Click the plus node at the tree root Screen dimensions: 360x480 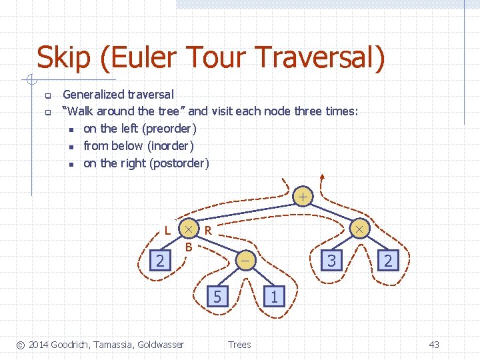coord(303,197)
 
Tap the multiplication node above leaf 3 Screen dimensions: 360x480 coord(359,229)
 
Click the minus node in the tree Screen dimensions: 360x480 coord(245,261)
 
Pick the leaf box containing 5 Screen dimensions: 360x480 coord(217,295)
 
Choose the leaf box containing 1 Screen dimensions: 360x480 coord(274,295)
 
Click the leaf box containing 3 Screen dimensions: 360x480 coord(331,260)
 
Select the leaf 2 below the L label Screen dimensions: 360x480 coord(160,260)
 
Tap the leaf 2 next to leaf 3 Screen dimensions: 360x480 coord(388,260)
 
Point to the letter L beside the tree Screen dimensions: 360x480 coord(167,231)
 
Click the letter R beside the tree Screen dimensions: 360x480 coord(208,231)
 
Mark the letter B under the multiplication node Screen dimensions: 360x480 coord(189,247)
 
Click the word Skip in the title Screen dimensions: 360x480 coord(63,58)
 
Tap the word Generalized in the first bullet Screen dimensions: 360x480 coord(94,95)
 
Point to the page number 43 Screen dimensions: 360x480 coord(434,344)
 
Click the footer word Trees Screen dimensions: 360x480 coord(239,344)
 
